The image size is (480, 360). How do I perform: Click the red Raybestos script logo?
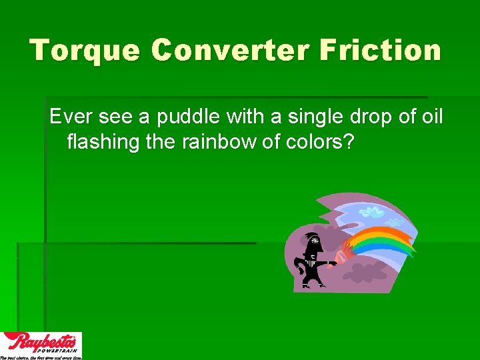tap(40, 341)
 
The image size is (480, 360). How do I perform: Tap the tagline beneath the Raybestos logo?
tap(41, 357)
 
